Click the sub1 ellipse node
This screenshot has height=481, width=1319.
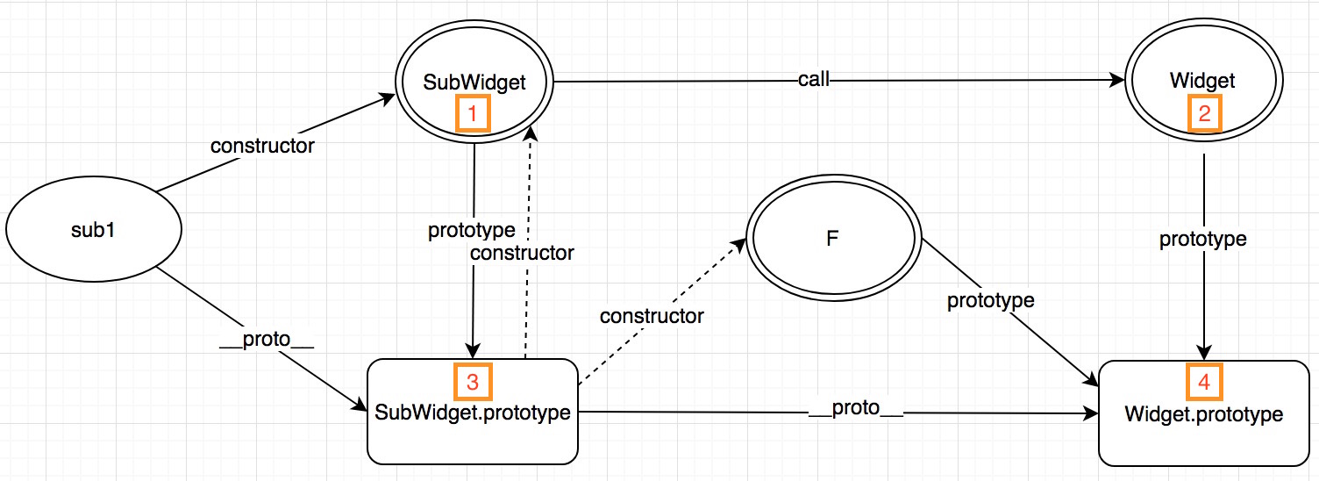pos(94,230)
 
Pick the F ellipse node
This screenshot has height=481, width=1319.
pos(832,238)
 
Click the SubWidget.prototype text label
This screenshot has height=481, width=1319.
pos(474,411)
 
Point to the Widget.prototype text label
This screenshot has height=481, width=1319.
pos(1203,414)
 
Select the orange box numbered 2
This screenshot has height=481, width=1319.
pos(1204,113)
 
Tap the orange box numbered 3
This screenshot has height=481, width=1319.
pos(473,382)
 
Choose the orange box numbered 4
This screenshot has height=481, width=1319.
pos(1204,382)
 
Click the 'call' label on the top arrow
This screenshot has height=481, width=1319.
pos(813,81)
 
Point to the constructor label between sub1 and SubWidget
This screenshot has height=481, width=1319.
pos(262,147)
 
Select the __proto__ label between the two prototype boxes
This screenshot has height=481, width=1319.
pos(856,411)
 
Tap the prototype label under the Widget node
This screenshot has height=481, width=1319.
pos(1203,239)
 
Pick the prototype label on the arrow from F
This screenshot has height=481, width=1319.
pos(990,300)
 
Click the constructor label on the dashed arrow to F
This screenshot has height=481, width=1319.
pos(652,316)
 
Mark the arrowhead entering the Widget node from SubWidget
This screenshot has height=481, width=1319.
pos(1117,81)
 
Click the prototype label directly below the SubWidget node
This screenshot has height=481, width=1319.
pos(472,231)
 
